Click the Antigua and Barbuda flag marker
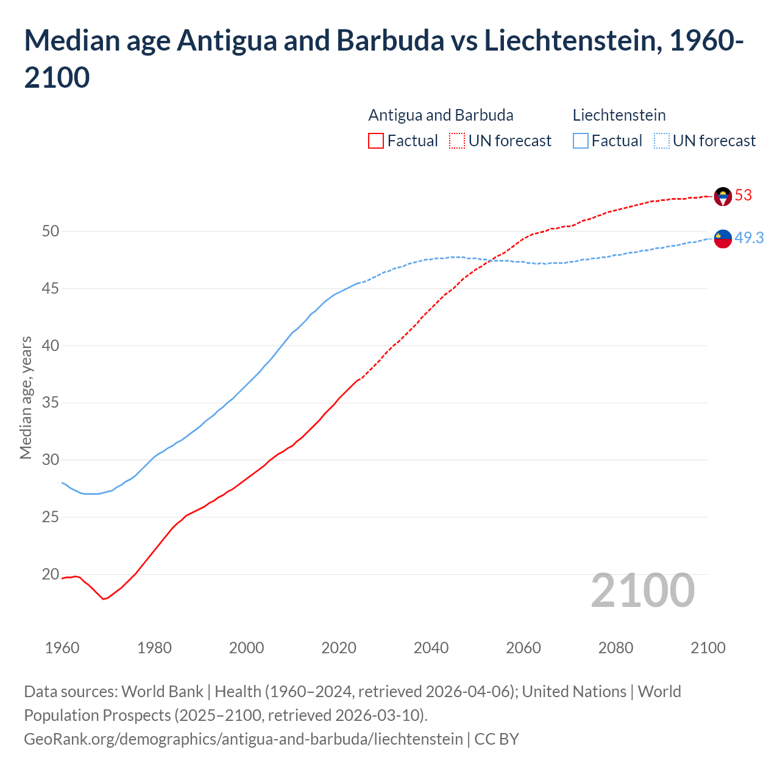[723, 196]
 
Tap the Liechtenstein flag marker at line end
[723, 239]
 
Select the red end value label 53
[743, 195]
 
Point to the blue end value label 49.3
[749, 238]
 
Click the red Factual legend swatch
[376, 141]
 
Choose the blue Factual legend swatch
[581, 141]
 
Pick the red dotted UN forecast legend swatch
[457, 141]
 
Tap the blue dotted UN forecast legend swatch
[661, 141]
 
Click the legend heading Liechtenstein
[619, 115]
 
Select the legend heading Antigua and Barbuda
[441, 115]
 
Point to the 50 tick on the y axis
[51, 231]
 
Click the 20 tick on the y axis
[51, 574]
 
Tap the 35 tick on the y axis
[51, 403]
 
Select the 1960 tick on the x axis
[62, 648]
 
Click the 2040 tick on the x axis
[431, 648]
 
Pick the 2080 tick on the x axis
[615, 648]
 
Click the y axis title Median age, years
[26, 397]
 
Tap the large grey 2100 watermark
[642, 590]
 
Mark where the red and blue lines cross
[490, 261]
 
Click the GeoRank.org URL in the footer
[243, 739]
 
